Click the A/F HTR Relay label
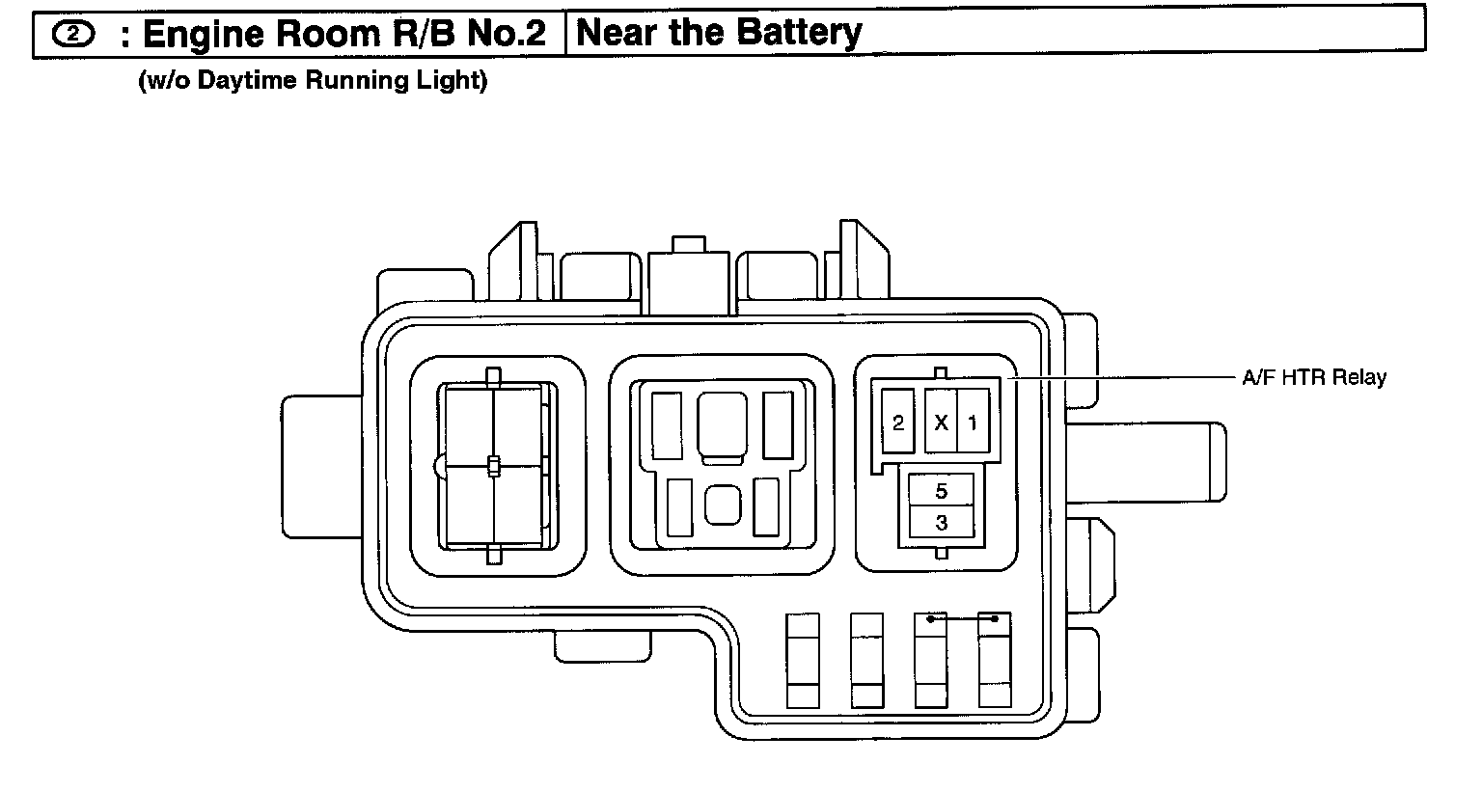[1313, 377]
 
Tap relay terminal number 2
[898, 423]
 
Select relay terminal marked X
[941, 423]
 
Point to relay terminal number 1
[973, 423]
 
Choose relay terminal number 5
[942, 491]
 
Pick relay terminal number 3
[942, 523]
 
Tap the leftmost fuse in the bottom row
[803, 661]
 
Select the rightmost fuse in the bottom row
[995, 661]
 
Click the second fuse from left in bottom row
[866, 661]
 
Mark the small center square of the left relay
[493, 467]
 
